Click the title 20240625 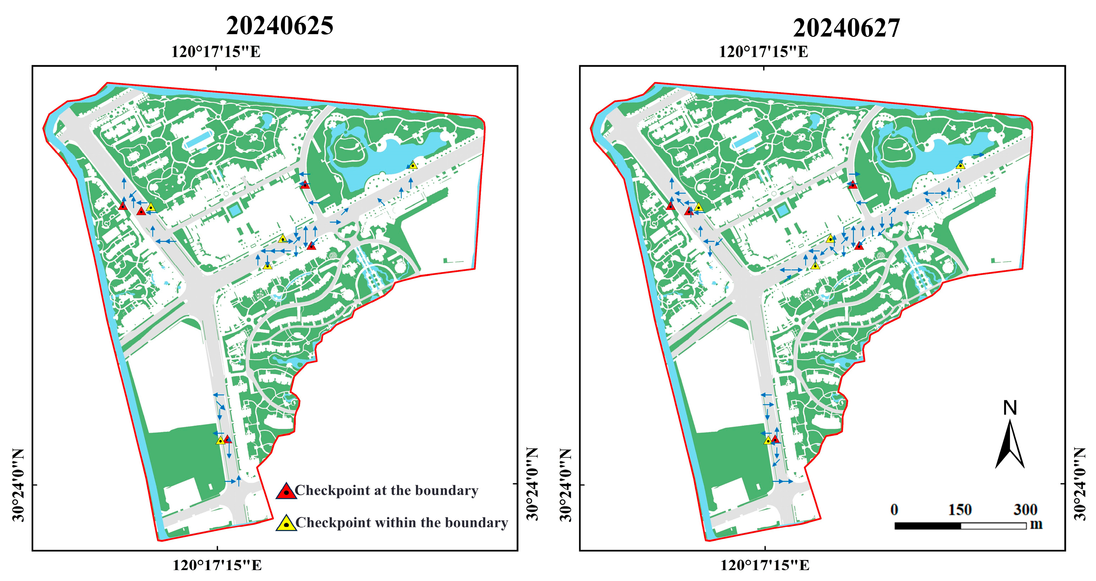click(280, 26)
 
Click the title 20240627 click(846, 28)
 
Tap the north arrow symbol click(1010, 444)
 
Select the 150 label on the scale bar click(959, 510)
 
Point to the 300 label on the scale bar click(1025, 510)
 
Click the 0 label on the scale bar click(894, 510)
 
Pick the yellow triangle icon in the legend click(286, 523)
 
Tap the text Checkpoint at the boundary click(386, 490)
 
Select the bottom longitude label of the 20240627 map click(765, 565)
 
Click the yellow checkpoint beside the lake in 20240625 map click(412, 165)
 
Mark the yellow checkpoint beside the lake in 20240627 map click(960, 165)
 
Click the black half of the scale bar click(928, 526)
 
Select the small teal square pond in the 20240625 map click(234, 210)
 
